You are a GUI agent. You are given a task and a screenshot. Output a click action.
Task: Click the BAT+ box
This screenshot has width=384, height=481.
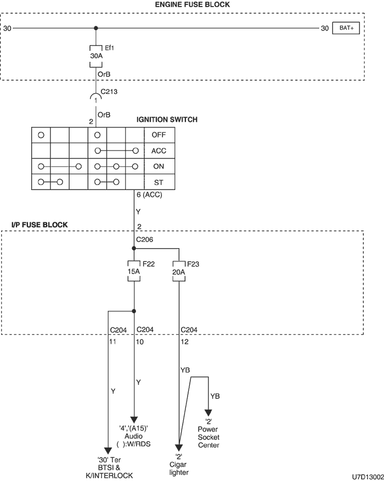coord(346,28)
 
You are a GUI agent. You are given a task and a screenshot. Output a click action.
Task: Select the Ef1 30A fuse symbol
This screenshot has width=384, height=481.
coord(96,56)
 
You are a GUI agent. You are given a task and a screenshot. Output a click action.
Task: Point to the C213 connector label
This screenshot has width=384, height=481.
coord(109,91)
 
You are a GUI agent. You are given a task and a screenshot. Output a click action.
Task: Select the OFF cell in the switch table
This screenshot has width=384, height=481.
coord(159,135)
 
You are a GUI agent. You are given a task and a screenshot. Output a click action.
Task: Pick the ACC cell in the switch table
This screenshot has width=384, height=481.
coord(159,150)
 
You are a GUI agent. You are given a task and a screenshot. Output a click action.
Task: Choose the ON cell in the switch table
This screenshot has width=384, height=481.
coord(159,166)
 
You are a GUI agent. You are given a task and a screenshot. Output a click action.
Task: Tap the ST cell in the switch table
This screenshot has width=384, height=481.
coord(159,182)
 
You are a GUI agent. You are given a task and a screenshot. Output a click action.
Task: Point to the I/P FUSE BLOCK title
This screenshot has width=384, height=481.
coord(40,225)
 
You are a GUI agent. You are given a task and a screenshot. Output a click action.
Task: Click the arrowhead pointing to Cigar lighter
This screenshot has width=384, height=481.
coord(179,447)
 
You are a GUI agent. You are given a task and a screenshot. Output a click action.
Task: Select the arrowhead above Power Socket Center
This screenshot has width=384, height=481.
coord(208,412)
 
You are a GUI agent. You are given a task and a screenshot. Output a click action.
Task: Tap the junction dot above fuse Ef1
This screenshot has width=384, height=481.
coord(96,28)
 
